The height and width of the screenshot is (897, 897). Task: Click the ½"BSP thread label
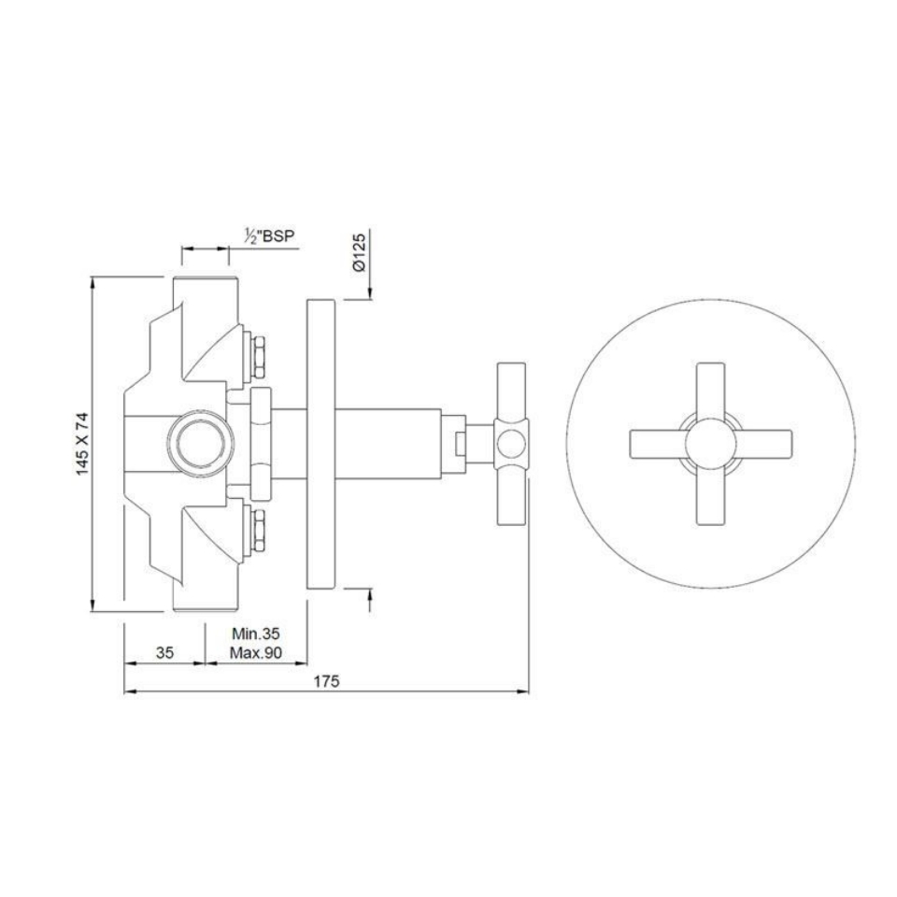tap(268, 237)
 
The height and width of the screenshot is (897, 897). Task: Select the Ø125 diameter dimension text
tap(361, 252)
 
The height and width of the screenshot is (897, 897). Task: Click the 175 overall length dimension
tap(326, 681)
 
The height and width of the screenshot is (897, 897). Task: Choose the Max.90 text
tap(256, 653)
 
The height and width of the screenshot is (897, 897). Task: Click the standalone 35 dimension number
tap(164, 653)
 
